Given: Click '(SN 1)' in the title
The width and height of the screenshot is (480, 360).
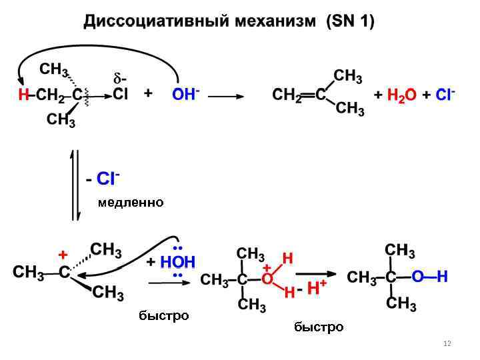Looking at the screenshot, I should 350,21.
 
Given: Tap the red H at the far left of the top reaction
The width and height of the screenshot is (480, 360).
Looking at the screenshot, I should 23,95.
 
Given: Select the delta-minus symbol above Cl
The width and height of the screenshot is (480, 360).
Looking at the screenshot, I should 121,79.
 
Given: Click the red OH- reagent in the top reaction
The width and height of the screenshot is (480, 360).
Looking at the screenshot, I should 185,95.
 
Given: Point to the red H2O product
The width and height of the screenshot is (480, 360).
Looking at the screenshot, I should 400,96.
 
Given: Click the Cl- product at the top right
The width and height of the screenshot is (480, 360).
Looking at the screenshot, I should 445,95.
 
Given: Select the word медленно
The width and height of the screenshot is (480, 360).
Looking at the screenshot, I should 130,202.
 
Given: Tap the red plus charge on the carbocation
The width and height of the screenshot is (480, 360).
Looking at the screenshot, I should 63,255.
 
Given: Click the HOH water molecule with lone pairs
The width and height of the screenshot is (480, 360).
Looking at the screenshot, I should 177,263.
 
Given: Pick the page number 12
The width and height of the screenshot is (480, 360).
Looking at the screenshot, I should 447,343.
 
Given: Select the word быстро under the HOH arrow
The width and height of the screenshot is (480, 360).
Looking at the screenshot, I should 163,315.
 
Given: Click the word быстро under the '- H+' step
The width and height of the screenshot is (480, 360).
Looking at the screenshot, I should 319,327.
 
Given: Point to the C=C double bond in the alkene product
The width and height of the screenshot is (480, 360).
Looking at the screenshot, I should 307,95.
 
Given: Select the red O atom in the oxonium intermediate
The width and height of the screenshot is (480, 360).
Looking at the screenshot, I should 267,279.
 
